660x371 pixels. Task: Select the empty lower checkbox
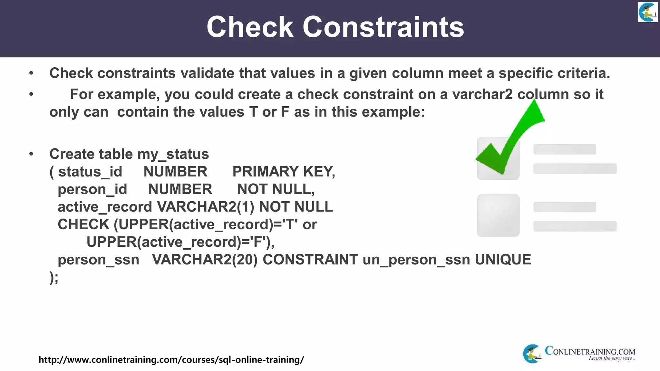(498, 215)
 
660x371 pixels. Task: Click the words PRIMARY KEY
(283, 171)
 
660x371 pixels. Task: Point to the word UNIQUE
(503, 260)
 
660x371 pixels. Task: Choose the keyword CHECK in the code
(83, 224)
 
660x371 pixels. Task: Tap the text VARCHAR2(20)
(205, 260)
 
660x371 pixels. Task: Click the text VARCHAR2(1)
(206, 207)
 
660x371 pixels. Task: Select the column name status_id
(90, 172)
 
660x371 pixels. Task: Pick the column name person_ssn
(98, 260)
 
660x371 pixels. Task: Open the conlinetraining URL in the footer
(171, 359)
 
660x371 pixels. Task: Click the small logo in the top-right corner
(648, 12)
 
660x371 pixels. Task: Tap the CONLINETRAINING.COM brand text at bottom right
(590, 352)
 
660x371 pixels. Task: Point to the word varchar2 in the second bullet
(482, 94)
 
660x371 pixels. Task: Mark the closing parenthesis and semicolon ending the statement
(54, 277)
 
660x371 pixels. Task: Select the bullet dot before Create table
(31, 154)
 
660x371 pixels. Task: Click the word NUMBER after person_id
(180, 189)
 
